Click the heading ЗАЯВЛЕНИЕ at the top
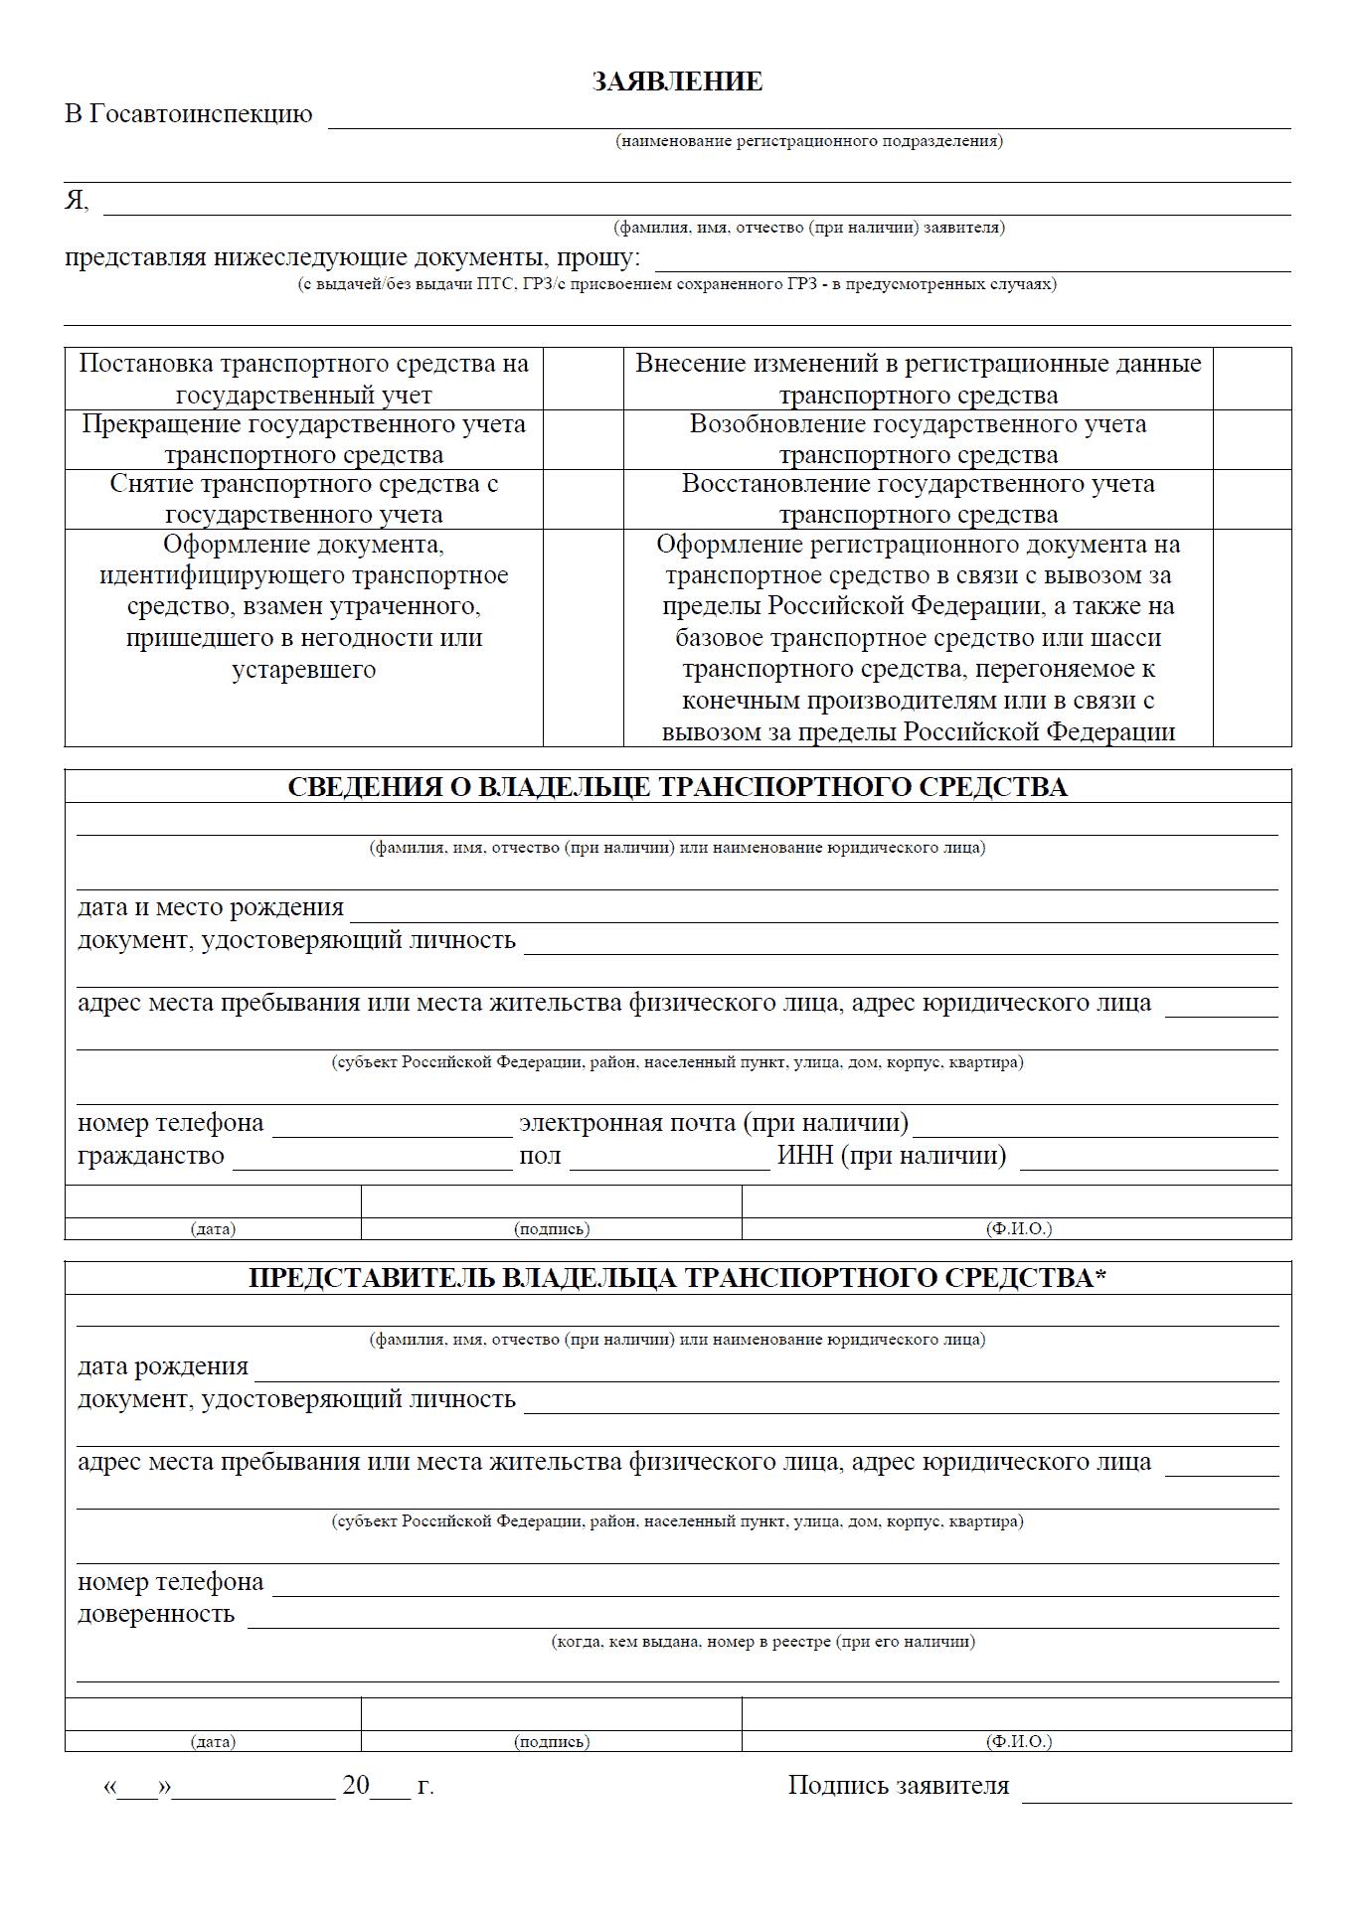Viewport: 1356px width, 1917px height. tap(677, 81)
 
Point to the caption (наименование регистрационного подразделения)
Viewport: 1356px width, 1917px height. tap(808, 141)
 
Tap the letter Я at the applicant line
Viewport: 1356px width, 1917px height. tap(76, 201)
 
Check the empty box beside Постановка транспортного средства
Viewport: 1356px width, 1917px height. tap(583, 379)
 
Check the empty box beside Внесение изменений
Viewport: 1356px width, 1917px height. tap(1252, 379)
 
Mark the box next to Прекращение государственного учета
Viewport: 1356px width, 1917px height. tap(583, 439)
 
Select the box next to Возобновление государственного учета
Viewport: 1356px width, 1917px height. tap(1252, 439)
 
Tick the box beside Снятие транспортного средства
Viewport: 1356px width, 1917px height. tap(583, 499)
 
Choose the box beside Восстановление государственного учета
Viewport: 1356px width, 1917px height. tap(1252, 499)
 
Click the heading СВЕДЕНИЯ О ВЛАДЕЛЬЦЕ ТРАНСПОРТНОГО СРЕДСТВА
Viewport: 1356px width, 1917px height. tap(677, 787)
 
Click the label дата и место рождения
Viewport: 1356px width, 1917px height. tap(211, 907)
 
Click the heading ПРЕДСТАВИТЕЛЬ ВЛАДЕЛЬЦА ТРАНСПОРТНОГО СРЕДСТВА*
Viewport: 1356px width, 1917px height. tap(677, 1278)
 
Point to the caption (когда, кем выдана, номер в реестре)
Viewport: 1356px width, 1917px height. tap(763, 1642)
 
